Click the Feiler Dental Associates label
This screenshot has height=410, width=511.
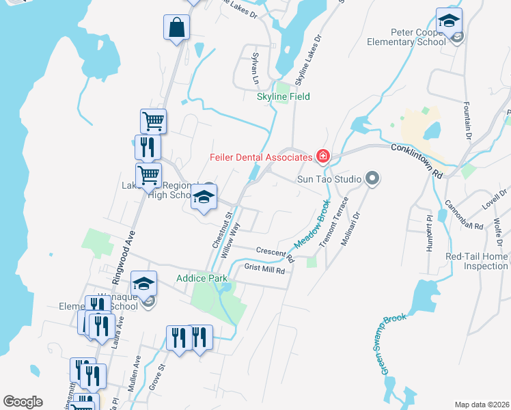pos(260,157)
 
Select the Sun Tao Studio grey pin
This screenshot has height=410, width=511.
pos(372,179)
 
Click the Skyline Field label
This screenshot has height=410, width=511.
pos(283,97)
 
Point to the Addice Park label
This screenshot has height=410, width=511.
pos(202,278)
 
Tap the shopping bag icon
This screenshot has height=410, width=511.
pos(176,28)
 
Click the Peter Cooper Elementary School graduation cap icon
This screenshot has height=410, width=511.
pos(449,21)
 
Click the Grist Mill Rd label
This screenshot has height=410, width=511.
pos(264,270)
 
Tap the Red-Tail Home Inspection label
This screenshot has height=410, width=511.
pos(476,261)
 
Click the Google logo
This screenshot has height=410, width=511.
pos(23,402)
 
